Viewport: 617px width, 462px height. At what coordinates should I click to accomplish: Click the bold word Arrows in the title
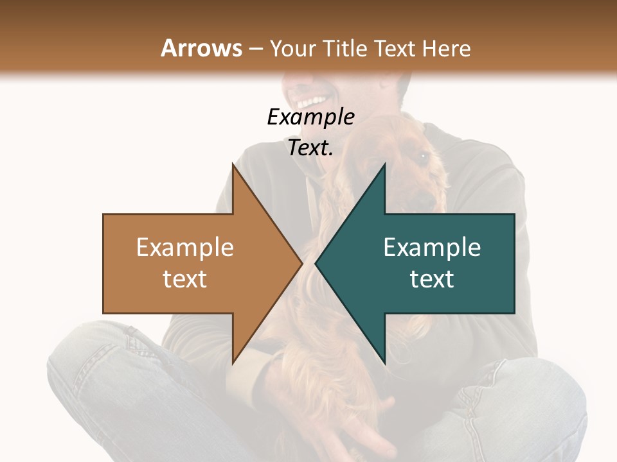tap(202, 48)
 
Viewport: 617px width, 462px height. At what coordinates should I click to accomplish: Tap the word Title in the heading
tap(346, 48)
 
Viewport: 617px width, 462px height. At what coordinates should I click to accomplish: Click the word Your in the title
tap(293, 49)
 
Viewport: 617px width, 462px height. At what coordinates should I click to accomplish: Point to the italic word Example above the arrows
tap(310, 117)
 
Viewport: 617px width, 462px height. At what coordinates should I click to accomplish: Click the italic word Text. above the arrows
tap(310, 148)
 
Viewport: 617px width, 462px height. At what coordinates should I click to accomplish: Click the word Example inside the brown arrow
tap(185, 248)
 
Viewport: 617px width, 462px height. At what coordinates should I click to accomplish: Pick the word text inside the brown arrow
tap(185, 279)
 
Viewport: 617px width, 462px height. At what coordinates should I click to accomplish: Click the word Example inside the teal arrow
tap(432, 248)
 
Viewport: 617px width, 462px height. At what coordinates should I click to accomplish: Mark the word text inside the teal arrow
tap(432, 279)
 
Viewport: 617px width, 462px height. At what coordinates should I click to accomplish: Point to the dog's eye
tap(423, 156)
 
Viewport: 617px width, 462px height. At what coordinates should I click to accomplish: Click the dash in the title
tap(255, 49)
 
